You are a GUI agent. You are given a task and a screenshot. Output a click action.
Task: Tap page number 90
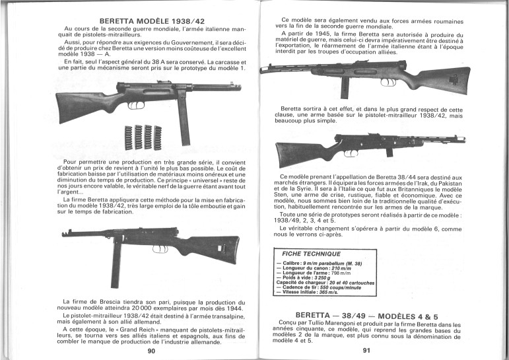[x=152, y=351]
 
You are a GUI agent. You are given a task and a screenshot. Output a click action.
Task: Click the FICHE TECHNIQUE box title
[x=312, y=254]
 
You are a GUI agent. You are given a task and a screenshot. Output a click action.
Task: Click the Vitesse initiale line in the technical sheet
[x=314, y=291]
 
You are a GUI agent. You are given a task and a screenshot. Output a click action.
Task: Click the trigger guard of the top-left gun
[x=135, y=105]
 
